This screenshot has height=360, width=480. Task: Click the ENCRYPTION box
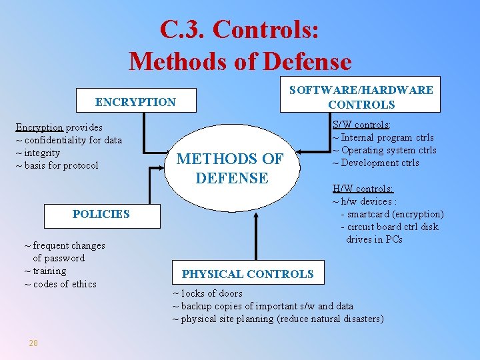coord(135,102)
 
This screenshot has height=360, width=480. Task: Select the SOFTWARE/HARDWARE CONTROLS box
coord(361,97)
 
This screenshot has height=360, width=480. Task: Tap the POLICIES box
coord(101,214)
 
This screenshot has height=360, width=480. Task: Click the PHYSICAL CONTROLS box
coord(247,274)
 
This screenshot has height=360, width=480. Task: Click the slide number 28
coord(33,343)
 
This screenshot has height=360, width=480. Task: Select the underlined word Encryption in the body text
coord(39,127)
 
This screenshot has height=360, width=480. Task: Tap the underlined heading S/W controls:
coord(361,125)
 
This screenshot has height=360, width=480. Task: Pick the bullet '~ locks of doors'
coord(207,293)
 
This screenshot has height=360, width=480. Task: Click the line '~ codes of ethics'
coord(60,284)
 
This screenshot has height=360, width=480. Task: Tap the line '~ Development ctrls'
coord(375,163)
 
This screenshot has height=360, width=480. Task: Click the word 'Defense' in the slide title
coord(307,61)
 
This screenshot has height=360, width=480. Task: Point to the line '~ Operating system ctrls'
coord(384,150)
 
